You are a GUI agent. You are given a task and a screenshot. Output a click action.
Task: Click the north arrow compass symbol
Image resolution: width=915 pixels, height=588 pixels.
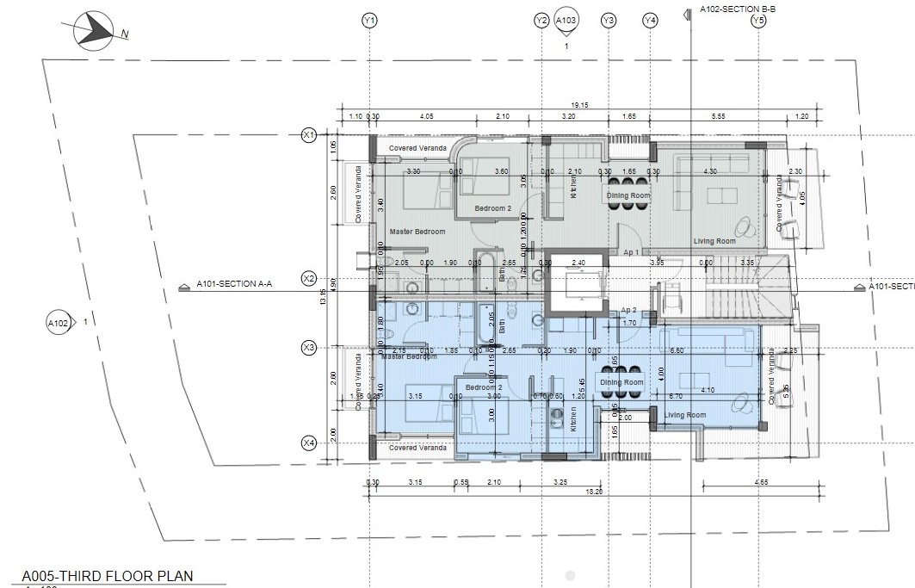click(93, 31)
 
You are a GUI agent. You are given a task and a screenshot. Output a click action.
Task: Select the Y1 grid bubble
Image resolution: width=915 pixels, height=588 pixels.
click(369, 20)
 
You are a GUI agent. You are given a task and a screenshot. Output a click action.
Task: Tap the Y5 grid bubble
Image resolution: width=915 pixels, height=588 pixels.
click(757, 20)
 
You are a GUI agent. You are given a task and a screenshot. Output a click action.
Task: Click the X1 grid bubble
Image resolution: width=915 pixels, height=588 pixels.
click(309, 134)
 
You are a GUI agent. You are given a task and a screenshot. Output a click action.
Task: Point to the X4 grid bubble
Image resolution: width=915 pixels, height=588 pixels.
click(309, 443)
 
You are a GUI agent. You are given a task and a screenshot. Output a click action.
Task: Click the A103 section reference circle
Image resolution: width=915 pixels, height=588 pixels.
click(566, 20)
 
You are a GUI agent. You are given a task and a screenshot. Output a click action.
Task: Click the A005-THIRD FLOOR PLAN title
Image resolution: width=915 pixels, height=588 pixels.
click(108, 576)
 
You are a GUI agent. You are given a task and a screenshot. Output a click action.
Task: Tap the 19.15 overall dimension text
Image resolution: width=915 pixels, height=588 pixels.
click(579, 105)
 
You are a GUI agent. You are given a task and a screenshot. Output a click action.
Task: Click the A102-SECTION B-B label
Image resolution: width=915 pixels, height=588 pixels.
click(738, 9)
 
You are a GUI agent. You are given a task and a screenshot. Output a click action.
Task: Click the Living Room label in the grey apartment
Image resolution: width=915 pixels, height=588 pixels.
click(714, 241)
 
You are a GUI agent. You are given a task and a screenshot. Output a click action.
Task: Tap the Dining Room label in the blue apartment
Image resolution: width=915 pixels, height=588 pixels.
click(621, 382)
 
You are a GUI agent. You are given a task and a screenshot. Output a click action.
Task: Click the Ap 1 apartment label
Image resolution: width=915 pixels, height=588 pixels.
click(631, 252)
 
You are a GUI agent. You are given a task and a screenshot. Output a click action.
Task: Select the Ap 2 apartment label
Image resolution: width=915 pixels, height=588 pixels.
click(628, 309)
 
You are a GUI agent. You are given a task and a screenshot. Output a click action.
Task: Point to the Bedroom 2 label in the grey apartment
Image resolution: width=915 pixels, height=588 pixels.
click(493, 209)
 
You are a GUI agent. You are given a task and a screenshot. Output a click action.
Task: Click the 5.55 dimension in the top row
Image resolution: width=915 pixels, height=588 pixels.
click(719, 116)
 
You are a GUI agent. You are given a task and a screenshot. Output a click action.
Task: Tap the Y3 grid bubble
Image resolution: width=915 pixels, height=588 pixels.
click(609, 20)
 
